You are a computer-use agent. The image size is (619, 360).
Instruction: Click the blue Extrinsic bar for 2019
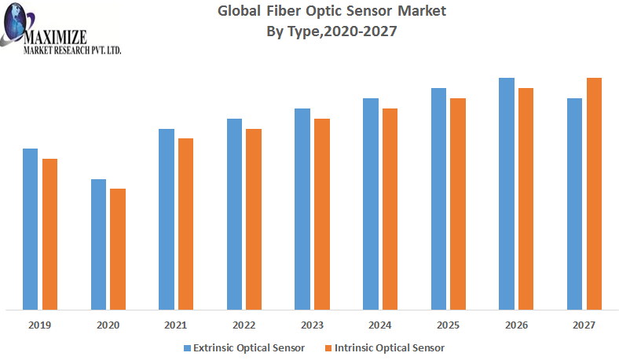coord(30,229)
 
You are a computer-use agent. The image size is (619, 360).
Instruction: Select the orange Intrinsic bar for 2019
coord(49,233)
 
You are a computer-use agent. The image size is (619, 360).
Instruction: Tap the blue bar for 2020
coord(98,244)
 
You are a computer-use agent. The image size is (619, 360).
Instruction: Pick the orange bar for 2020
coord(118,248)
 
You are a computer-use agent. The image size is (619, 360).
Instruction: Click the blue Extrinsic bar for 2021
coord(166,219)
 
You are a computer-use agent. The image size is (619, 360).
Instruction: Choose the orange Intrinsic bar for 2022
coord(254,219)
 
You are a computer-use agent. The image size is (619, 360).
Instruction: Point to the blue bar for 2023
coord(302,208)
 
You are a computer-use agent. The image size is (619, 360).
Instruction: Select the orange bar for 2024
coord(390,208)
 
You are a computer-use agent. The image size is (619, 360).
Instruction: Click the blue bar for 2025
coord(438,198)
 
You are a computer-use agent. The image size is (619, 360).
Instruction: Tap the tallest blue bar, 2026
coord(507,193)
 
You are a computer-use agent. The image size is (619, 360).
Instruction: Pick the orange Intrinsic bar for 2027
coord(594,193)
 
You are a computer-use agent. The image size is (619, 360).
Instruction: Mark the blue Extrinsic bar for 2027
coord(575,204)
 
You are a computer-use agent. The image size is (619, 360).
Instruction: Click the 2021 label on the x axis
coord(175,325)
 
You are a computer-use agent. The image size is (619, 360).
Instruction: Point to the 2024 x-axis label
coord(380,325)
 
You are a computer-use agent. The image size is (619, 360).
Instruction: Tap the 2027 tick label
coord(584,325)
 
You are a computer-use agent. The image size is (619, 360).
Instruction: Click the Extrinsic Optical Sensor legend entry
coord(244,347)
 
